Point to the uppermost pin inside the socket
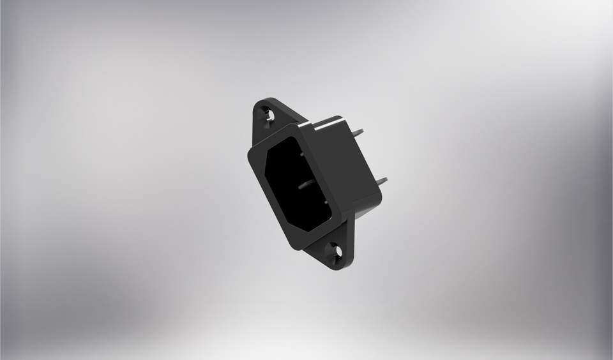[x=301, y=154]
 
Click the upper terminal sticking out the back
[x=358, y=132]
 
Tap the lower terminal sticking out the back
[x=381, y=181]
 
